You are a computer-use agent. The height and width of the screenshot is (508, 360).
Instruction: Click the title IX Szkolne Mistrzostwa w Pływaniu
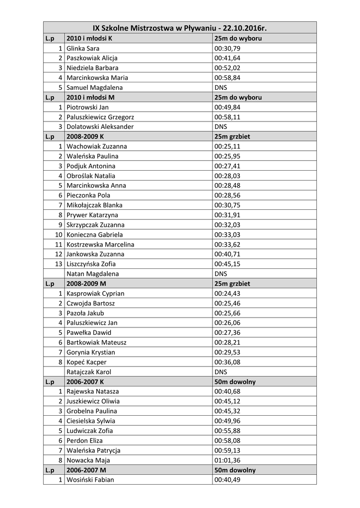coord(179,28)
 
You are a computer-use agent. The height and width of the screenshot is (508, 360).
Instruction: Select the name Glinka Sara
coord(83,49)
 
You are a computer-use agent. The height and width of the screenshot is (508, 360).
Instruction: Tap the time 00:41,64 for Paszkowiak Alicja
coord(227,58)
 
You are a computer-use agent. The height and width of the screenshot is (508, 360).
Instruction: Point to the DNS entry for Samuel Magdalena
coord(220,87)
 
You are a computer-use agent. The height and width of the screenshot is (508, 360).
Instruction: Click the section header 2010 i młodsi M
coord(90,97)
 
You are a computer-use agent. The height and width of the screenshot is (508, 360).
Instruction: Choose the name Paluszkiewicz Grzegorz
coord(100,117)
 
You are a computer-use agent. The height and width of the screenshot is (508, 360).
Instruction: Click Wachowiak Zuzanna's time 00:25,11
coord(227,146)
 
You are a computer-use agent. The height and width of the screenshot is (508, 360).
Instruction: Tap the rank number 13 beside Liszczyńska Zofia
coord(59,264)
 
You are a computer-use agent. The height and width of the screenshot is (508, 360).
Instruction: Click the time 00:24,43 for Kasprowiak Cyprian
coord(227,293)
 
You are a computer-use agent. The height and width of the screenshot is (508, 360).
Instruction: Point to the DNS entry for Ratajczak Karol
coord(220,372)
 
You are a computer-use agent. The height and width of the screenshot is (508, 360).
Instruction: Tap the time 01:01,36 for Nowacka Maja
coord(227,460)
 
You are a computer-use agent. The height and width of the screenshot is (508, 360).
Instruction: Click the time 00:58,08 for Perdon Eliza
coord(227,441)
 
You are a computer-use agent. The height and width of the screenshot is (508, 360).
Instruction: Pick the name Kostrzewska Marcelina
coord(100,245)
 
